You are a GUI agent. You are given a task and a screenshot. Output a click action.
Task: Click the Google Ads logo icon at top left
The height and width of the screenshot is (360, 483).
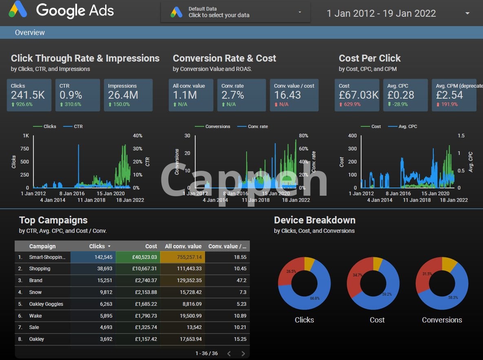pyautogui.click(x=18, y=9)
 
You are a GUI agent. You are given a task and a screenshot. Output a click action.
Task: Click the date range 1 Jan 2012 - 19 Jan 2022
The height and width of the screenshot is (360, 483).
pyautogui.click(x=381, y=13)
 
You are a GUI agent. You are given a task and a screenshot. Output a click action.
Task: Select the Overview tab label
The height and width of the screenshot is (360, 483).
pyautogui.click(x=30, y=33)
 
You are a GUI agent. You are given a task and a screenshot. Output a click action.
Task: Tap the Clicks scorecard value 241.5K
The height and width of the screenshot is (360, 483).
pyautogui.click(x=28, y=95)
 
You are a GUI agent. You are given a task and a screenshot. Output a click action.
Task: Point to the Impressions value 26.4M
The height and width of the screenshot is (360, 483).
pyautogui.click(x=123, y=95)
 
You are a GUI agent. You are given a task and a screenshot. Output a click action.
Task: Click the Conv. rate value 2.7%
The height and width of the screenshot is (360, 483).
pyautogui.click(x=233, y=95)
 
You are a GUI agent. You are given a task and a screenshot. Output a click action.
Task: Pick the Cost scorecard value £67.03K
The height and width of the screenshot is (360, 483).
pyautogui.click(x=359, y=95)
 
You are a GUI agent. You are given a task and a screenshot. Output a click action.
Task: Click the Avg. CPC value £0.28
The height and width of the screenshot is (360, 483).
pyautogui.click(x=400, y=95)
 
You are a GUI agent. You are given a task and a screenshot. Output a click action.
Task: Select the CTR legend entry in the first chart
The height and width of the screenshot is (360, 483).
pyautogui.click(x=78, y=126)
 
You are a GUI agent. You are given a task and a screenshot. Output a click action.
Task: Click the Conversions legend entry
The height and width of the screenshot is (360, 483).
pyautogui.click(x=217, y=126)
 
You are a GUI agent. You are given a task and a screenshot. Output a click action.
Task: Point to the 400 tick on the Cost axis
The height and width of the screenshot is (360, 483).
pyautogui.click(x=352, y=136)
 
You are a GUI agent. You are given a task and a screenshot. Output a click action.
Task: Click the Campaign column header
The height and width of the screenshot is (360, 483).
pyautogui.click(x=42, y=246)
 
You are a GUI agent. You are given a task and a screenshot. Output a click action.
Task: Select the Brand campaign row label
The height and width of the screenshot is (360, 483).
pyautogui.click(x=35, y=280)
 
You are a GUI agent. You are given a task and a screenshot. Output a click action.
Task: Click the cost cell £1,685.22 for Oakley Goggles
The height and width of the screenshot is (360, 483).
pyautogui.click(x=145, y=304)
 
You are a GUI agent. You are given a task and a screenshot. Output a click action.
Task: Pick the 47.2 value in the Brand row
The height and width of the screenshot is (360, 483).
pyautogui.click(x=241, y=280)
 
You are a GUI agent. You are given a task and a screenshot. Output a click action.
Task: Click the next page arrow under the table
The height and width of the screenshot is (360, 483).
pyautogui.click(x=243, y=353)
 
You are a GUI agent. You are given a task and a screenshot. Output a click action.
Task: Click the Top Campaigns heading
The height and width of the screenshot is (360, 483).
pyautogui.click(x=53, y=220)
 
